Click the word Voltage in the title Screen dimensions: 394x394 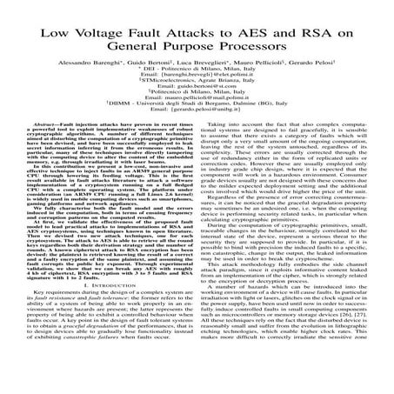[117, 35]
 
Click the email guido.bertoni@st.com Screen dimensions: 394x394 [197, 114]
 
